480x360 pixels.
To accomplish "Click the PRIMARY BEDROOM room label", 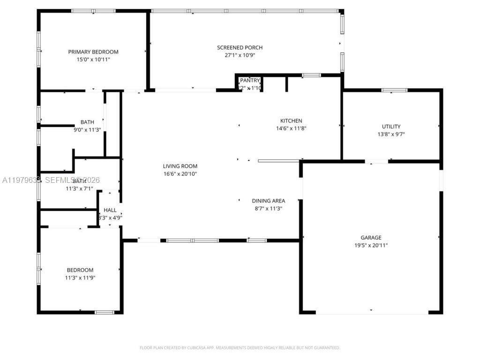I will point(93,52).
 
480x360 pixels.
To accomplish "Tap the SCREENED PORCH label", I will point(240,47).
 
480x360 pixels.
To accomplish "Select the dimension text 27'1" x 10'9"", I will point(240,55).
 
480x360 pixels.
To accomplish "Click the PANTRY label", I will point(250,81).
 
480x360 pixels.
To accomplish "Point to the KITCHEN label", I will point(291,121).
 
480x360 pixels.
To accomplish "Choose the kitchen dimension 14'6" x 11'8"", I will point(291,128).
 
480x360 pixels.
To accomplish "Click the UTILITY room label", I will point(391,127).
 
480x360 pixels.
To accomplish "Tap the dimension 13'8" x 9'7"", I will point(391,134).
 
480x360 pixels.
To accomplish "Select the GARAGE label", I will point(371,238).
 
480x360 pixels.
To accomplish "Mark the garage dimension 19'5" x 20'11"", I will point(371,245).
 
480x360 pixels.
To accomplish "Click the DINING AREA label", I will point(268,201).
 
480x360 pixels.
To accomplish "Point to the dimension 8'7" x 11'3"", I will point(268,209).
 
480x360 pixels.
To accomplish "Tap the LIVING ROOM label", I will point(180,166).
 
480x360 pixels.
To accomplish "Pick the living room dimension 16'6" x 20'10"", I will point(180,174).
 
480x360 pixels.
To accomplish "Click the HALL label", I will point(110,210).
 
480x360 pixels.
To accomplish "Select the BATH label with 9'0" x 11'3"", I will point(87,122).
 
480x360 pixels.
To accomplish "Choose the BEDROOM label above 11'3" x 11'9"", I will point(80,270).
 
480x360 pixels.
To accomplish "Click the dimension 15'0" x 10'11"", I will point(93,60).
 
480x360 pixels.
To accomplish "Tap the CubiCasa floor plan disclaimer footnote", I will point(240,348).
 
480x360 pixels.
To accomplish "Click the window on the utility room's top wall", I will point(394,90).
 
